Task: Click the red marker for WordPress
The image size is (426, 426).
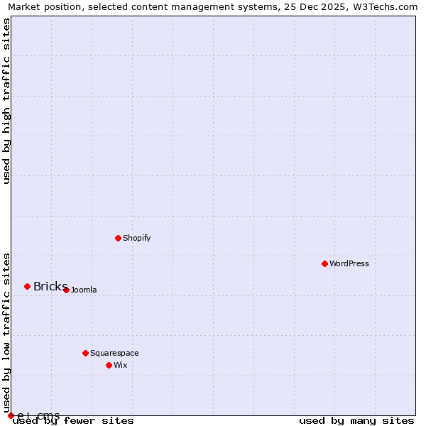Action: pos(324,263)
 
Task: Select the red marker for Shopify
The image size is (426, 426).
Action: pos(118,238)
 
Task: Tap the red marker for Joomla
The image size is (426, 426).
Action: pos(66,290)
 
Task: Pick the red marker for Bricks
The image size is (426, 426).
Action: pos(27,286)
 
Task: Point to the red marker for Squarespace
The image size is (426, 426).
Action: pos(85,353)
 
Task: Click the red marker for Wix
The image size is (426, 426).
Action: pos(109,365)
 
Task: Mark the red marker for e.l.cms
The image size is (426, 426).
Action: pos(11,415)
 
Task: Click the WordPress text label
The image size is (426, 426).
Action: pos(349,263)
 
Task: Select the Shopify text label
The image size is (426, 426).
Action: pos(137,238)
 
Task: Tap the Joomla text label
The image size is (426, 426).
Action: pos(84,290)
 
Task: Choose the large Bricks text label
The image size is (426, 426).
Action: pos(50,286)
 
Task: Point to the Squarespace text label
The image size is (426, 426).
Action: pos(114,353)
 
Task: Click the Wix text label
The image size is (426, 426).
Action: pos(120,365)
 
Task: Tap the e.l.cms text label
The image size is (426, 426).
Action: pos(38,415)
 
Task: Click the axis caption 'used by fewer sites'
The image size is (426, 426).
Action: pos(74,421)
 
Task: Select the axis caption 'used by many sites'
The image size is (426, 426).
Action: pos(356,421)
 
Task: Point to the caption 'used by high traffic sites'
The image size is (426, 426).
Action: pos(6,101)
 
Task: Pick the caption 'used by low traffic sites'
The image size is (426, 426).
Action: pos(6,333)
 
